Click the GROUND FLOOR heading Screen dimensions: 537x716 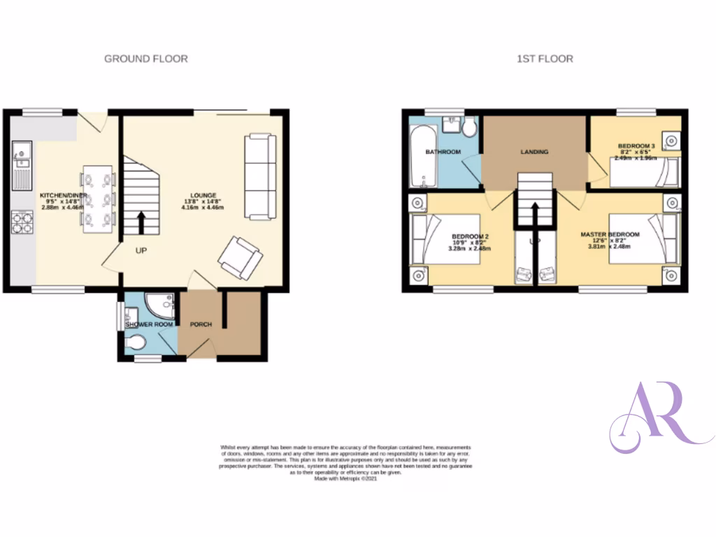[145, 59]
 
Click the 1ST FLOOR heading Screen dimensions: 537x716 [545, 59]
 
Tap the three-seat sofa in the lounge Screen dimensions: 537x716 [260, 176]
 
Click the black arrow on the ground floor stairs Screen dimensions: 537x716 [142, 222]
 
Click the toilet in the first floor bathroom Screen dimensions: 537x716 [468, 127]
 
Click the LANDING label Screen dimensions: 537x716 [534, 152]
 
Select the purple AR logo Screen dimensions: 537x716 [657, 418]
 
